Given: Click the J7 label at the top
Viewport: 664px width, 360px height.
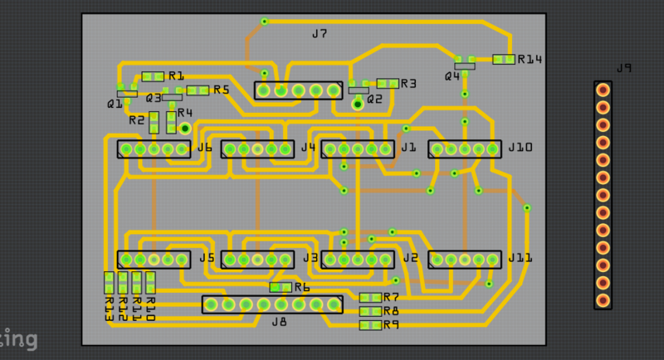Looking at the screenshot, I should (320, 34).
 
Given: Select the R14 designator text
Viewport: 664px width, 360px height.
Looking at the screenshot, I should (529, 60).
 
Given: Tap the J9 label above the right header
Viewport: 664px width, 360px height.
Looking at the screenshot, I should (623, 69).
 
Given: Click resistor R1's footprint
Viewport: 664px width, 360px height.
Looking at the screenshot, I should (154, 76).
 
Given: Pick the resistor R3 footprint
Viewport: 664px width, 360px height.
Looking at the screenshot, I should (388, 83).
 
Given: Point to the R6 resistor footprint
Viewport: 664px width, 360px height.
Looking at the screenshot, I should (281, 287).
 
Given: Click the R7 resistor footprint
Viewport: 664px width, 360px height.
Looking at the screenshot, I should (370, 297).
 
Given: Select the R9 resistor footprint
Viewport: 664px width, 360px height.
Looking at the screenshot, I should (370, 325).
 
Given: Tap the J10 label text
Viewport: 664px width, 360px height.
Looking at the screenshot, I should (520, 148).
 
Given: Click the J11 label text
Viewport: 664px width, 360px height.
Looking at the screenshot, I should (520, 258).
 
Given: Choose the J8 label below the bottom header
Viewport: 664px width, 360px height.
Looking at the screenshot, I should (279, 321).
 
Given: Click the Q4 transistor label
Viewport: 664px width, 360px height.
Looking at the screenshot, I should (452, 76).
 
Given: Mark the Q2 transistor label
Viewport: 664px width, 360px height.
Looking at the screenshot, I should (374, 99).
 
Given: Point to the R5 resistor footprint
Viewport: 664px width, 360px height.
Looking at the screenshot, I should (198, 90).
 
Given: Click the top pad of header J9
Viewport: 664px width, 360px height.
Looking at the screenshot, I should (603, 89).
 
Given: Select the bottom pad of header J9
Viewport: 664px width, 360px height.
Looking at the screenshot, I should (603, 301).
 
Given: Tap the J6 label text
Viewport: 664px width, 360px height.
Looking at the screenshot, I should (205, 148).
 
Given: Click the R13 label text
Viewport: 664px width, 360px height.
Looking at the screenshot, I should (109, 309).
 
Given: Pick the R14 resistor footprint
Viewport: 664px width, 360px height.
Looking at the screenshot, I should (504, 60).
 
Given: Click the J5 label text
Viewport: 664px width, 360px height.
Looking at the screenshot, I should (207, 258).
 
